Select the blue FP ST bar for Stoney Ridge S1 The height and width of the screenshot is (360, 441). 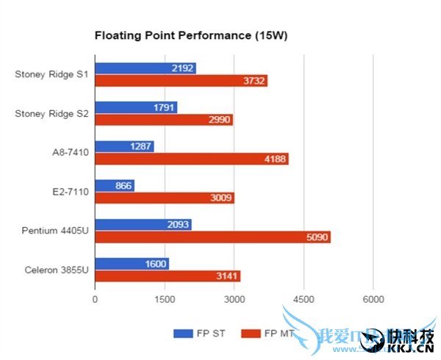145,68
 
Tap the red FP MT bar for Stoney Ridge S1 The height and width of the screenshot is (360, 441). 181,81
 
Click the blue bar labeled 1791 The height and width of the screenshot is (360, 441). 136,107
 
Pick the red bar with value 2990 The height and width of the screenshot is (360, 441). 163,120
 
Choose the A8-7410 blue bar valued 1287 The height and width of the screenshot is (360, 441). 124,146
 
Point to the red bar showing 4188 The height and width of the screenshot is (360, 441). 191,159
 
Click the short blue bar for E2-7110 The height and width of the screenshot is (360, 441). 115,185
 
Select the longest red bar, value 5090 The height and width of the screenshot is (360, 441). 212,237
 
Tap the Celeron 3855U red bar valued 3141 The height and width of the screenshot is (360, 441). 167,276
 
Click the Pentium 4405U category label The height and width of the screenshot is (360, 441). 52,231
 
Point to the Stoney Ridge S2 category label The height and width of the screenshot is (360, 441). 51,114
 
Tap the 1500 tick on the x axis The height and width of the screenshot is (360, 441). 165,300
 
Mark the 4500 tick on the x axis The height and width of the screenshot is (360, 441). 304,300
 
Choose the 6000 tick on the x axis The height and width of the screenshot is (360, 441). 373,300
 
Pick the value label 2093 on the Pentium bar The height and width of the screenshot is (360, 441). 176,225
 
